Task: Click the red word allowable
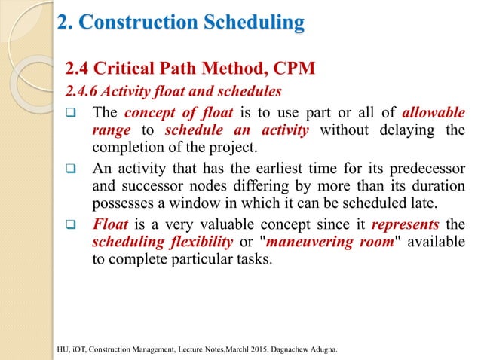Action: pyautogui.click(x=433, y=114)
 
